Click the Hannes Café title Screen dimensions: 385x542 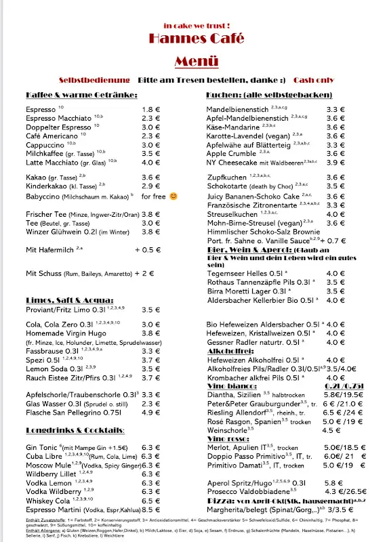tap(192, 37)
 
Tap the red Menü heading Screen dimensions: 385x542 tap(196, 62)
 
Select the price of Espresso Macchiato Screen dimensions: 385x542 tap(151, 118)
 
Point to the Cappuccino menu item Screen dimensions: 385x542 tap(45, 144)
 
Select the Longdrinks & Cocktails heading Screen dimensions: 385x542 tap(75, 430)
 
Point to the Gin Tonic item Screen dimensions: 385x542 tap(42, 447)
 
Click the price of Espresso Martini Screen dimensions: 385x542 tap(151, 509)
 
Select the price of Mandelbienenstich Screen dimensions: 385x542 tap(336, 109)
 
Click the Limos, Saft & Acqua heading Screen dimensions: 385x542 tap(69, 299)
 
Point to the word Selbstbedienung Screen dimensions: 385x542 tap(94, 79)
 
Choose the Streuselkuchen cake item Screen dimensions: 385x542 tap(235, 214)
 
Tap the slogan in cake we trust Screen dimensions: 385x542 tap(192, 24)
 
